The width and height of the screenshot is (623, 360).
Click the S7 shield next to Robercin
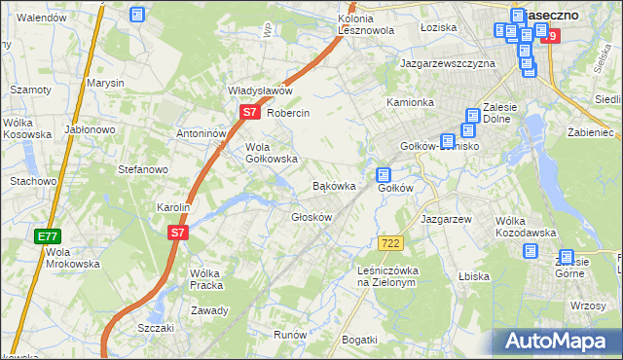(x=249, y=113)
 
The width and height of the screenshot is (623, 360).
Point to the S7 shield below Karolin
(x=176, y=233)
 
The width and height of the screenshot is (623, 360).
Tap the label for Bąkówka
(x=332, y=185)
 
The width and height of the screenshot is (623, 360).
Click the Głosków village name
(x=312, y=217)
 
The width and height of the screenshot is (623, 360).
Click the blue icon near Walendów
(x=137, y=15)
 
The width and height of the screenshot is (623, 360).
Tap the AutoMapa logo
(x=555, y=342)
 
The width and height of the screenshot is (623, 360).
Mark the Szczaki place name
(x=156, y=328)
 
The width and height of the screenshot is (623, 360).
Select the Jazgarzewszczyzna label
(x=448, y=63)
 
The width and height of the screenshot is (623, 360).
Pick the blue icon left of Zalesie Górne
(x=531, y=251)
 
